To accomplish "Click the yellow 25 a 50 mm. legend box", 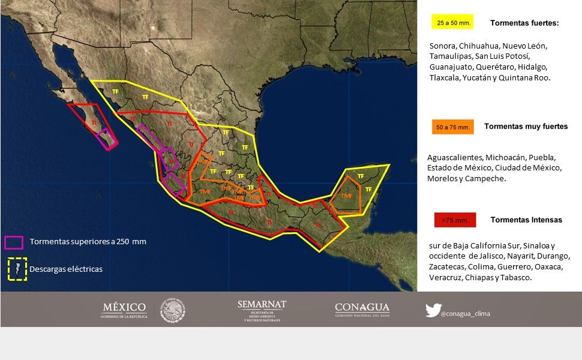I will click(x=452, y=22).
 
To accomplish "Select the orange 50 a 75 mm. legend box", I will click(x=452, y=127).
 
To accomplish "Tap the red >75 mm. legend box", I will click(x=454, y=220).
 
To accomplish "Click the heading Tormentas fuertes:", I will click(x=524, y=23).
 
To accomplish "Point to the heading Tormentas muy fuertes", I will click(x=526, y=127).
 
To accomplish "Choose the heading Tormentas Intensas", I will click(x=526, y=220).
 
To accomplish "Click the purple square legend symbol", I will click(x=14, y=242).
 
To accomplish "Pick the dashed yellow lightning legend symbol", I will click(x=17, y=269).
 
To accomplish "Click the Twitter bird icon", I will click(x=433, y=310).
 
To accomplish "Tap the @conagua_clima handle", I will click(x=465, y=313).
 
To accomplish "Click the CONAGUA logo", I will click(x=362, y=310).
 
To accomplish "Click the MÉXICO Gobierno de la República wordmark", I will click(x=124, y=310).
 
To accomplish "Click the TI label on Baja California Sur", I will click(x=94, y=123).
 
